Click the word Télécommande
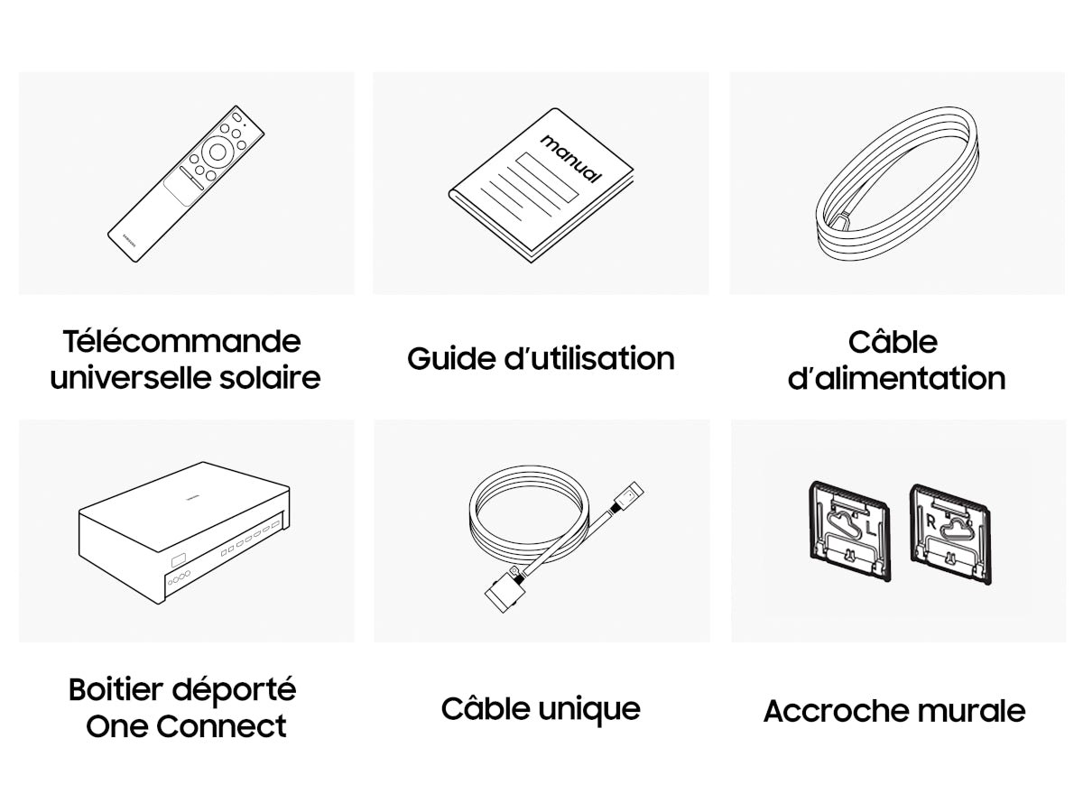tap(181, 341)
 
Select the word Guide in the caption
tap(449, 358)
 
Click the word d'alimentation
tap(896, 378)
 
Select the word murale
tap(971, 711)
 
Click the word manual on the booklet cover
tap(571, 159)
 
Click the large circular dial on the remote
tap(218, 152)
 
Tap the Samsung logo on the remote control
tap(129, 237)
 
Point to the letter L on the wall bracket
tap(870, 529)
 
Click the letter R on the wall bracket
tap(931, 521)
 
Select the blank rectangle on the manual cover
tap(547, 177)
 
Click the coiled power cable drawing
tap(896, 183)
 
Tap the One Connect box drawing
tap(184, 533)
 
